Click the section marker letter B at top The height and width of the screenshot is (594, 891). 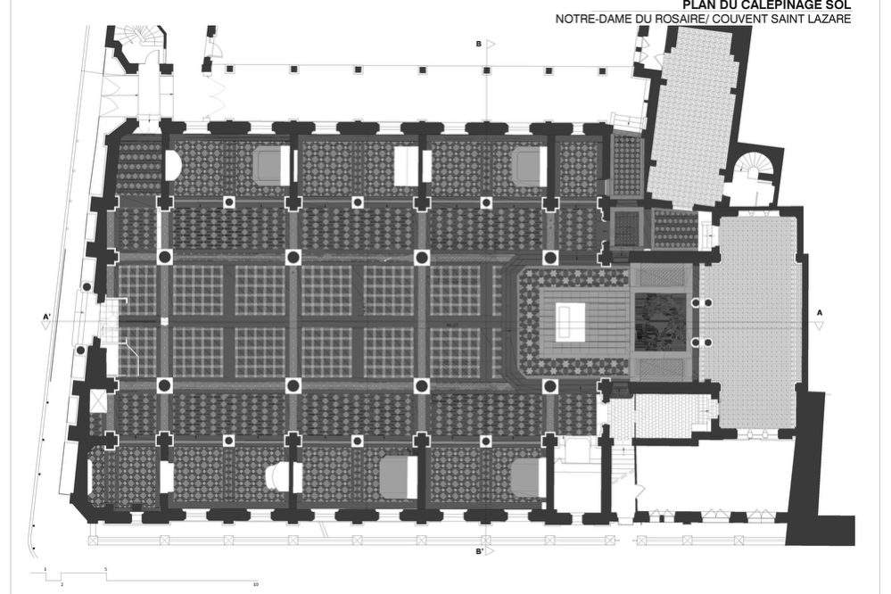tap(479, 44)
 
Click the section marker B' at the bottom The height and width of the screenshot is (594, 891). tap(480, 553)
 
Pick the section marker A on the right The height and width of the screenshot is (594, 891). tap(819, 312)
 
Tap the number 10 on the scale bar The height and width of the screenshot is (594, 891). tap(255, 585)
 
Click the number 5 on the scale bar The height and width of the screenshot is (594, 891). tap(106, 568)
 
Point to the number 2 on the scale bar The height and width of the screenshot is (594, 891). tap(62, 585)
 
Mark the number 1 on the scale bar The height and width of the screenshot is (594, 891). tap(44, 568)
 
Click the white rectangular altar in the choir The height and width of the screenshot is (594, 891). tap(568, 318)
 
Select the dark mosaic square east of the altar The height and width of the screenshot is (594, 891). tap(659, 321)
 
